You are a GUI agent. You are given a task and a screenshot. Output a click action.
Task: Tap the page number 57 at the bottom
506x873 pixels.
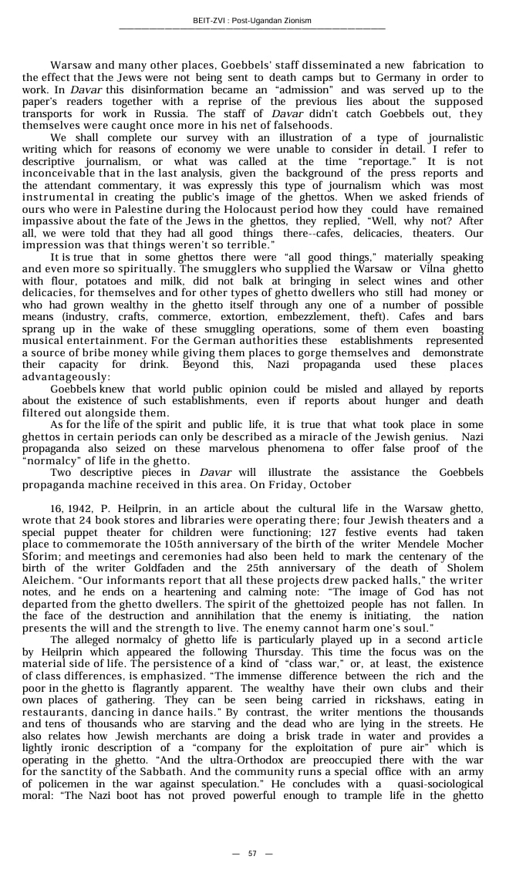click(252, 853)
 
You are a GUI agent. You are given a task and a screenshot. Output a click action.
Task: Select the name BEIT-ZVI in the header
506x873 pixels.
click(211, 20)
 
